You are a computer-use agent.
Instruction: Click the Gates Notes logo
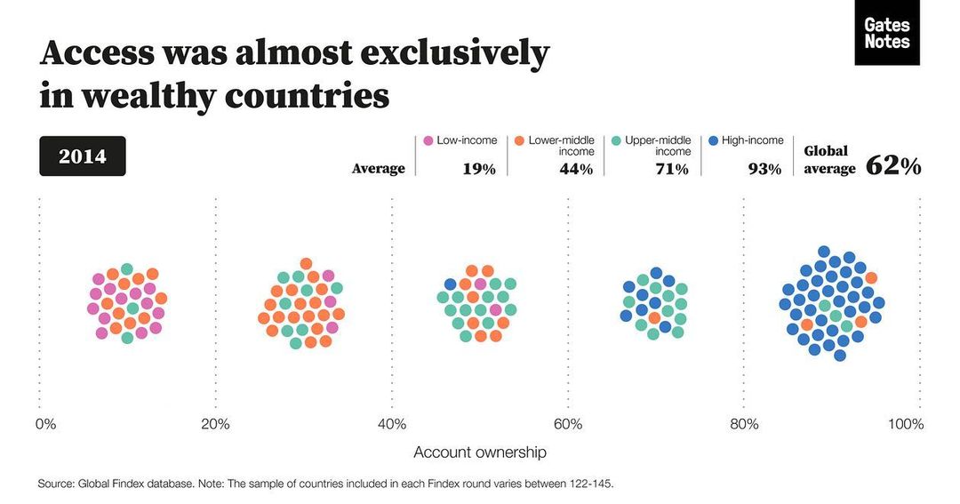click(x=886, y=33)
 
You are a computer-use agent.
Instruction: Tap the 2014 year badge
click(x=83, y=156)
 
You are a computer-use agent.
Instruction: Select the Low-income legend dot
click(x=428, y=140)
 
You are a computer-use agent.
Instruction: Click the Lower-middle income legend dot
click(x=518, y=140)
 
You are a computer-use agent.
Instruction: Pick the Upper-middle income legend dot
click(x=615, y=140)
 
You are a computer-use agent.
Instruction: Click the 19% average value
click(x=478, y=169)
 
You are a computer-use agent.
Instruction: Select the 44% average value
click(x=575, y=169)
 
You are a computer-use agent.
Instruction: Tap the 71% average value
click(x=671, y=169)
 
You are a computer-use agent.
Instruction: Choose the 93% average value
click(x=764, y=169)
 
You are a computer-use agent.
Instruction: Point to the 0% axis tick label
click(x=45, y=424)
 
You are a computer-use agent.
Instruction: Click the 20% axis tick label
click(x=215, y=424)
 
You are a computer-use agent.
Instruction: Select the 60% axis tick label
click(x=568, y=424)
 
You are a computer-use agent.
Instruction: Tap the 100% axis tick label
click(x=906, y=424)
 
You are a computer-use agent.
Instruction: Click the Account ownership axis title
click(x=480, y=452)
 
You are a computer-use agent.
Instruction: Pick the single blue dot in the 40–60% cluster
click(x=450, y=284)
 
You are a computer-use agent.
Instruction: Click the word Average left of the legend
click(x=378, y=169)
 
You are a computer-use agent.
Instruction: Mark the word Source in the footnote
click(x=55, y=484)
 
